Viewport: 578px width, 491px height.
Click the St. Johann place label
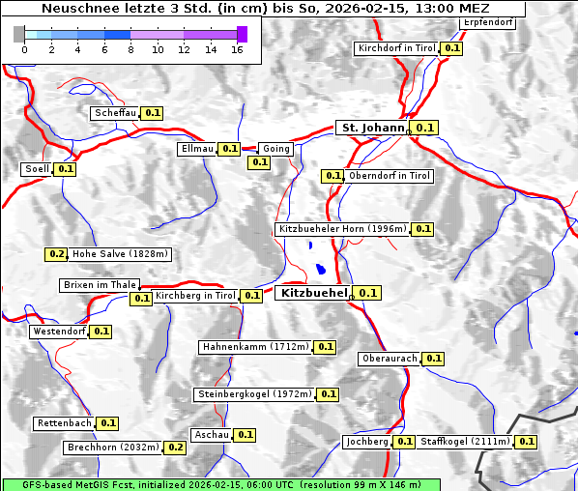(371, 128)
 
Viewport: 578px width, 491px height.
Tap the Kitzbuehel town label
(312, 292)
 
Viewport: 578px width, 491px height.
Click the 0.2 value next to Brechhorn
(175, 448)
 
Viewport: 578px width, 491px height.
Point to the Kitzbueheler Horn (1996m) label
(341, 229)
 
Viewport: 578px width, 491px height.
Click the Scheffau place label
(115, 113)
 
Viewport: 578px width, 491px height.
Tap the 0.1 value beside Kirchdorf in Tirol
(452, 48)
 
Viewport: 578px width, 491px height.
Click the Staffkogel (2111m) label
(464, 442)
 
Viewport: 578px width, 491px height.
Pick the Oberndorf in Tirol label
(390, 176)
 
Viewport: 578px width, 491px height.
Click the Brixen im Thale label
(100, 285)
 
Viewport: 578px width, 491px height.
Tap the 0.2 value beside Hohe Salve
(57, 255)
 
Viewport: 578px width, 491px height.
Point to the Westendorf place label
(59, 332)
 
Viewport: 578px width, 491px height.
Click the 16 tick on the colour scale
(237, 49)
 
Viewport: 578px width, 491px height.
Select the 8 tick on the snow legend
(130, 49)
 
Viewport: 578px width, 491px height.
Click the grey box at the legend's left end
(19, 35)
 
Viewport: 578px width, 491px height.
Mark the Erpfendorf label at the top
(487, 22)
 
